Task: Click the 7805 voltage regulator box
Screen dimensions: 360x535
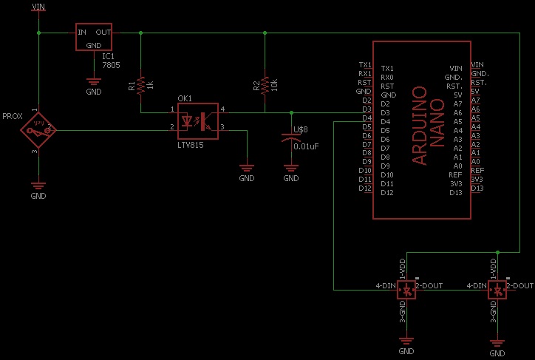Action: (94, 37)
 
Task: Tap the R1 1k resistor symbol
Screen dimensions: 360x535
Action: (140, 85)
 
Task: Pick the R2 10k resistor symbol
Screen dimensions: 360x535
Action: (265, 85)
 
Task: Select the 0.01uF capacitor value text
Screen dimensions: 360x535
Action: (305, 146)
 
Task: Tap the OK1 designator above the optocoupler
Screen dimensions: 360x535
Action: (185, 98)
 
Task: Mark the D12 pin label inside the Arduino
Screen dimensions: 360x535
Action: (388, 193)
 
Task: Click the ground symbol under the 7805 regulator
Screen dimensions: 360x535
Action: (94, 84)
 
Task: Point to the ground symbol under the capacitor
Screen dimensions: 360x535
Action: (291, 170)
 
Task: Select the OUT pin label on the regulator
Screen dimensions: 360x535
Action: (103, 33)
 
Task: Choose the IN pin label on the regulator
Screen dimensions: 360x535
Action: (83, 33)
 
